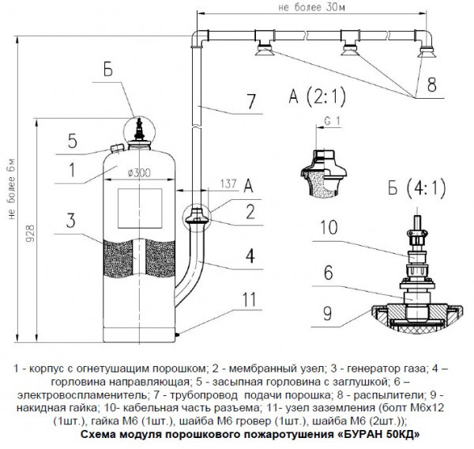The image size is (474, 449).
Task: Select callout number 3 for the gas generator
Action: (x=71, y=218)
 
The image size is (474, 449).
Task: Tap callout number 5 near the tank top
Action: (x=72, y=142)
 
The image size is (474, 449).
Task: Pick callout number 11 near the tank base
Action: (x=250, y=299)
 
